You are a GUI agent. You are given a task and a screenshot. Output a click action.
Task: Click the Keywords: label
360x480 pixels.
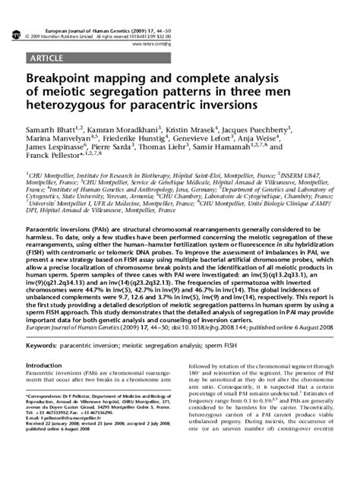44,346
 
